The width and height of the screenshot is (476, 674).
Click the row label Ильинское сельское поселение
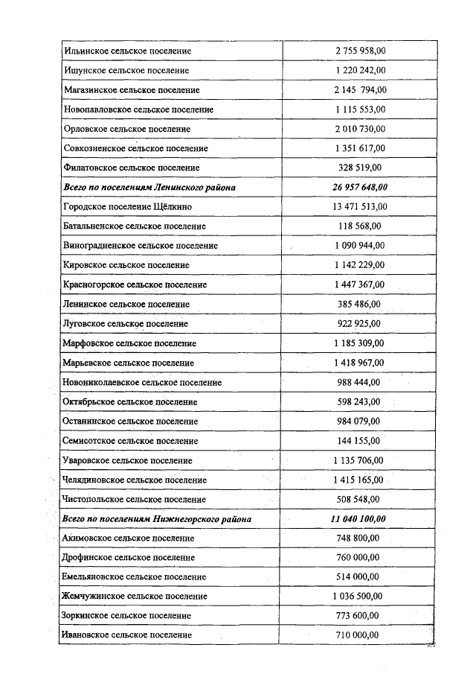pyautogui.click(x=127, y=51)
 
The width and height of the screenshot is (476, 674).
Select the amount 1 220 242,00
pyautogui.click(x=360, y=70)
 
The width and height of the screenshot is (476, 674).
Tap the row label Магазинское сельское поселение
pyautogui.click(x=132, y=90)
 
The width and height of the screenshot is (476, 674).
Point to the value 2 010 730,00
pyautogui.click(x=360, y=129)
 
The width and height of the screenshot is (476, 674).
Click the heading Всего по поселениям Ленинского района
pyautogui.click(x=149, y=188)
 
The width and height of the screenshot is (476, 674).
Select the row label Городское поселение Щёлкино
pyautogui.click(x=129, y=207)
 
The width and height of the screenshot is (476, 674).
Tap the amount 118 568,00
pyautogui.click(x=360, y=226)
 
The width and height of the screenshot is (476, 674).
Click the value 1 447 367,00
pyautogui.click(x=360, y=284)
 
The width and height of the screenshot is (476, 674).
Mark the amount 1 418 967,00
pyautogui.click(x=360, y=363)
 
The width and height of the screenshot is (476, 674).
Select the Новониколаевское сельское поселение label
pyautogui.click(x=143, y=382)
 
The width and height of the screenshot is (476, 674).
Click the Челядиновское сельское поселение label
pyautogui.click(x=135, y=480)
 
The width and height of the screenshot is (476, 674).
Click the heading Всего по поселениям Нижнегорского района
pyautogui.click(x=157, y=518)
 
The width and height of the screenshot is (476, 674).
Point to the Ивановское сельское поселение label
pyautogui.click(x=128, y=635)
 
